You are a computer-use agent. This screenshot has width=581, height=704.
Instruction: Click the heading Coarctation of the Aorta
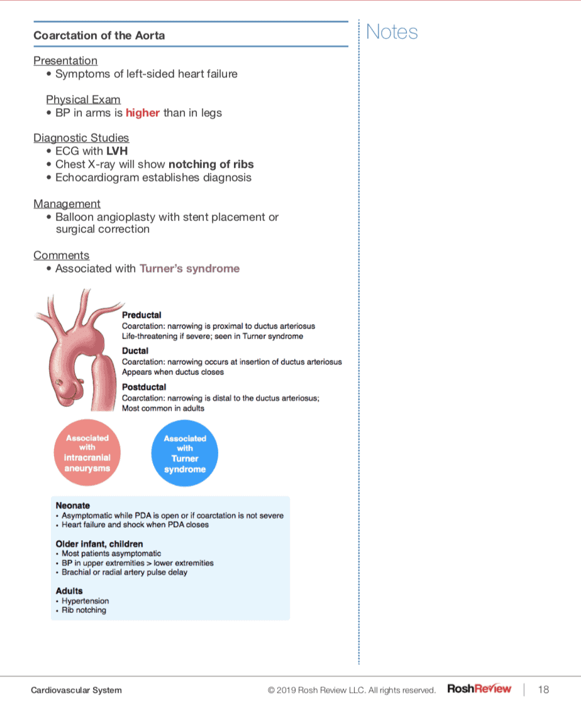point(99,35)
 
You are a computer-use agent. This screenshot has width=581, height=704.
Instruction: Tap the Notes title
point(392,32)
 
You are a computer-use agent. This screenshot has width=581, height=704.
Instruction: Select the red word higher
point(143,113)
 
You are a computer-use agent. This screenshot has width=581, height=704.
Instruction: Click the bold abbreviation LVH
point(117,151)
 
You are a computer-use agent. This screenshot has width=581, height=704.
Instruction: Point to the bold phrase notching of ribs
point(211,165)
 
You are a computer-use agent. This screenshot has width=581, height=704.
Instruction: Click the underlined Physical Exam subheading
point(83,100)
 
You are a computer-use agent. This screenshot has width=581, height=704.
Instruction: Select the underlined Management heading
point(67,203)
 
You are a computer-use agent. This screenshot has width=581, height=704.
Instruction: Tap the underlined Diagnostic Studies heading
point(81,138)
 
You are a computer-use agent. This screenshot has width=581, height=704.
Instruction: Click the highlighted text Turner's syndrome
point(189,269)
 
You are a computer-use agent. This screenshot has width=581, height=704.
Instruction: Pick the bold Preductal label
point(141,315)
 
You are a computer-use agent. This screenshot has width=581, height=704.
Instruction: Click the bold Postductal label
point(144,387)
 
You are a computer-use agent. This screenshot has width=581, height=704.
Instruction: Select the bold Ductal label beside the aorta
point(135,351)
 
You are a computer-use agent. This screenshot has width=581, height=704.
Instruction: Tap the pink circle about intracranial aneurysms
point(87,453)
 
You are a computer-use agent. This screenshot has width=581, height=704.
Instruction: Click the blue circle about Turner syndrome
point(185,453)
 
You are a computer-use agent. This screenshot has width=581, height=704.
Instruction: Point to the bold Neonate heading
point(73,506)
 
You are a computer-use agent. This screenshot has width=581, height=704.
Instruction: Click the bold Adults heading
point(69,591)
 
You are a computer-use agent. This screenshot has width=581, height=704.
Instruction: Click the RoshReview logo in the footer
point(479,689)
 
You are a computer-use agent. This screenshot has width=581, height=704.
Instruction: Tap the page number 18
point(543,690)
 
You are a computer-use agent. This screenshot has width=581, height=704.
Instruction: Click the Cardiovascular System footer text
point(76,690)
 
